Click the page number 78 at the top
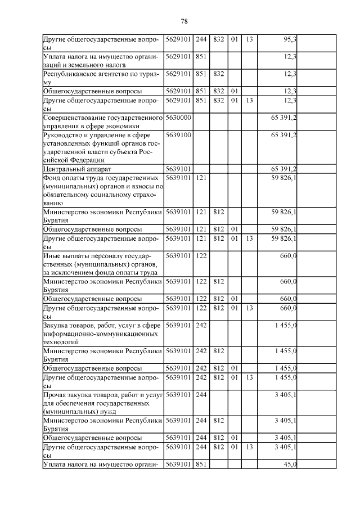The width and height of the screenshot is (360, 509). point(183,21)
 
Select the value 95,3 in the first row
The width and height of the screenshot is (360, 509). point(290,39)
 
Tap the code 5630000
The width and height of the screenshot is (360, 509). point(179,117)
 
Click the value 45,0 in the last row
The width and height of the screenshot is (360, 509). point(290,464)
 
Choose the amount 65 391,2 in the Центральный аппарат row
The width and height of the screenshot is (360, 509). point(284,169)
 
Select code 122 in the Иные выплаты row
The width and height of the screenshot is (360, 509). point(201,256)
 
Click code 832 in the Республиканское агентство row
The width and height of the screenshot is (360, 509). point(219,73)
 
